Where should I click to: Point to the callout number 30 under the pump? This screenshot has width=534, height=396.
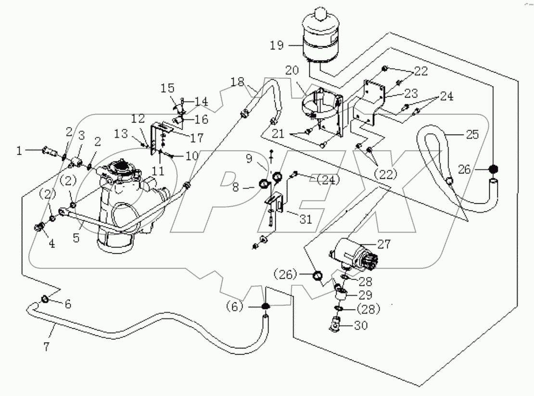point(361,325)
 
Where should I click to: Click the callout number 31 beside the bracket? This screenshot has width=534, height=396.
point(305,219)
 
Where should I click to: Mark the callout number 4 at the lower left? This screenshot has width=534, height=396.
point(51,244)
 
